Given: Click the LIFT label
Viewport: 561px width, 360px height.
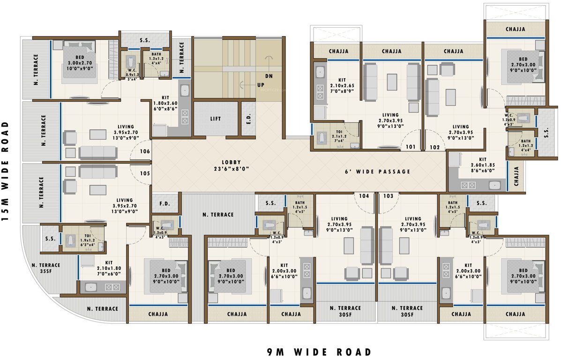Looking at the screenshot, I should click(x=215, y=119).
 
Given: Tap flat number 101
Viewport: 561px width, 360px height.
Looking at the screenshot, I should click(x=411, y=147).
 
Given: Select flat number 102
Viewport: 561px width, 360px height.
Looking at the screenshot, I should click(x=434, y=147).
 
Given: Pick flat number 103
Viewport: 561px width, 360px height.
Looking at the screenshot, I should click(x=388, y=196).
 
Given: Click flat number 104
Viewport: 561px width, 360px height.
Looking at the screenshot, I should click(x=364, y=196).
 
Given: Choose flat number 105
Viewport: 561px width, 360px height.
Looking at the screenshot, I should click(x=144, y=173).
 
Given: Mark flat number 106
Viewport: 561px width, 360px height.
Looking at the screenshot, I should click(x=144, y=152).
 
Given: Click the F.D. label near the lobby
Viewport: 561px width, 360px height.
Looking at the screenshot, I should click(x=165, y=204).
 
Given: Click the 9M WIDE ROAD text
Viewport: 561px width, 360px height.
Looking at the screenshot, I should click(x=319, y=352).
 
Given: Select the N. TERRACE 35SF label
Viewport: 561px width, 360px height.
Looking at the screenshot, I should click(x=45, y=269).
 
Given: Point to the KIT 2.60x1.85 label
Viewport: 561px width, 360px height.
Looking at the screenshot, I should click(x=479, y=162).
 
